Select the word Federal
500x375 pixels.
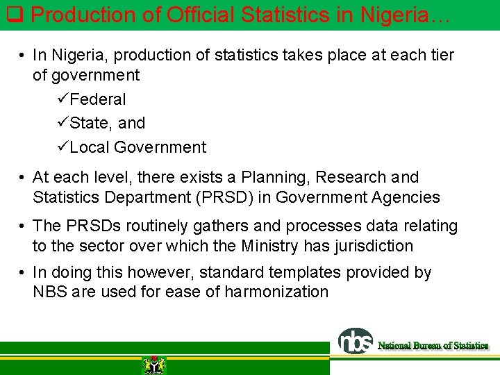(98, 99)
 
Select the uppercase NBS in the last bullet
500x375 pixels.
(50, 292)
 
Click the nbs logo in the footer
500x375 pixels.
(356, 342)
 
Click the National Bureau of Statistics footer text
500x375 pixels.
(433, 345)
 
